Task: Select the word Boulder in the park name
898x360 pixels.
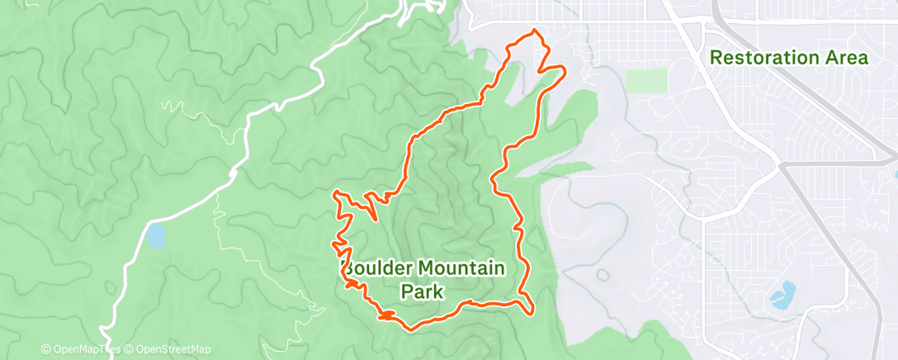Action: tap(379, 268)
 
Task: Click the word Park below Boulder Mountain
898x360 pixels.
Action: tap(423, 291)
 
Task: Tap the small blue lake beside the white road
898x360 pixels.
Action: tap(155, 236)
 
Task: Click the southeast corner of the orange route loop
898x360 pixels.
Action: tap(531, 312)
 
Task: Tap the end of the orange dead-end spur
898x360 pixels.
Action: tap(378, 220)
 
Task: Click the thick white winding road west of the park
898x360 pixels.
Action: tap(248, 132)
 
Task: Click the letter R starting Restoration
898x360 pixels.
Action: tap(716, 58)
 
